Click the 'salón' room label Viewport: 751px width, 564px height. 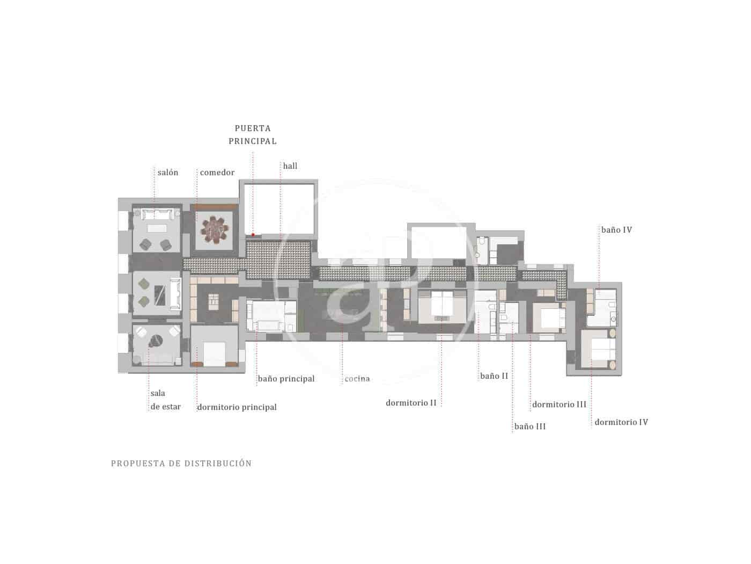coord(168,172)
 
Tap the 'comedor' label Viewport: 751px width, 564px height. coord(217,172)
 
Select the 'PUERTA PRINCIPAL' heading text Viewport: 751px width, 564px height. coord(253,135)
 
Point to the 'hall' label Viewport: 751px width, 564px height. coord(290,166)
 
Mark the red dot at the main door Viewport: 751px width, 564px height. coord(253,235)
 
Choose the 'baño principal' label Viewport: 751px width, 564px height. coord(286,379)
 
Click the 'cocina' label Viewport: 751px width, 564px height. coord(357,379)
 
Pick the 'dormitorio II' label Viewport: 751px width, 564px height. coord(411,402)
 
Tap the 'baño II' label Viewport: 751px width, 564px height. coord(494,376)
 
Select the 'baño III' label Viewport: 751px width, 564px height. coord(530,426)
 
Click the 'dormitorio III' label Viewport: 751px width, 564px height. coord(559,404)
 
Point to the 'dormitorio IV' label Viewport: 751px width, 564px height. coord(621,422)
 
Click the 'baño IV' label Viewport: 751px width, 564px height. coord(616,230)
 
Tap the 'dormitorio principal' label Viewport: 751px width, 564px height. coord(237,407)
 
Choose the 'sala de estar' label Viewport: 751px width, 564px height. coord(165,400)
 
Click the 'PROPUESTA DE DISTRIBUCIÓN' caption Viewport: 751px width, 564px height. coord(181,463)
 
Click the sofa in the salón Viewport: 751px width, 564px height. coord(157,215)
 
